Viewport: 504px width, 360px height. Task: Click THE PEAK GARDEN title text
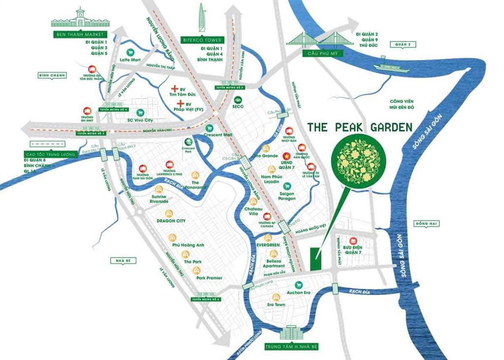tap(359, 127)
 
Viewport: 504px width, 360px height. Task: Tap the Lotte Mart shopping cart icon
tap(131, 52)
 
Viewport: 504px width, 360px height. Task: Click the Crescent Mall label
tap(218, 134)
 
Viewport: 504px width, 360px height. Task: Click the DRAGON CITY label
tap(170, 221)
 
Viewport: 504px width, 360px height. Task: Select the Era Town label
tap(276, 305)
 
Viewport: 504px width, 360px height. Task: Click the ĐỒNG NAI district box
tap(426, 223)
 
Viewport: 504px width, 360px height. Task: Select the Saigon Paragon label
tap(287, 196)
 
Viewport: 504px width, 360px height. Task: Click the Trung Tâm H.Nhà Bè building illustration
tap(291, 334)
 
